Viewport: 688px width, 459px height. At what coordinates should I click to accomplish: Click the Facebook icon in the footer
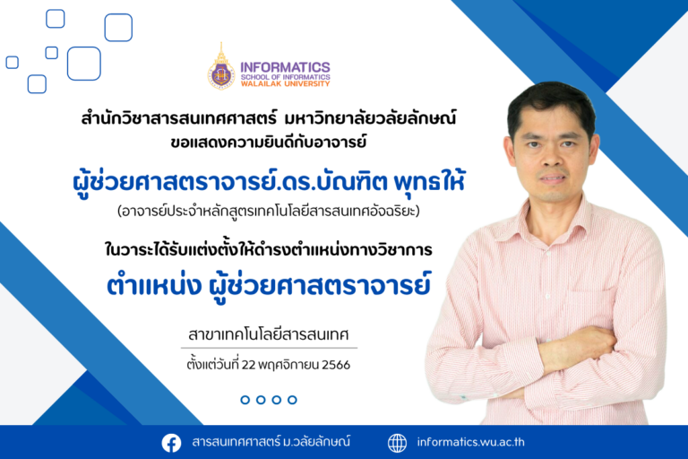(x=171, y=443)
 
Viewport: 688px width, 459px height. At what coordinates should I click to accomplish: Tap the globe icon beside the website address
(x=397, y=443)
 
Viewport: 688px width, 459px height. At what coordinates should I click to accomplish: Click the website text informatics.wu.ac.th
(x=470, y=442)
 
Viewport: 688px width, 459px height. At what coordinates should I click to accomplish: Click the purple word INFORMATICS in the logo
(x=285, y=67)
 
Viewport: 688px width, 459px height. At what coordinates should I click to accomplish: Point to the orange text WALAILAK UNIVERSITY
(x=285, y=83)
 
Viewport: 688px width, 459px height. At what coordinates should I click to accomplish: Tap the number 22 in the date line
(x=248, y=365)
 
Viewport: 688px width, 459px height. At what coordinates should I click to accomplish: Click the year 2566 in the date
(x=336, y=365)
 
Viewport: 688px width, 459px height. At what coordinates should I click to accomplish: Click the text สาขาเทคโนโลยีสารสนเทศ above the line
(x=269, y=334)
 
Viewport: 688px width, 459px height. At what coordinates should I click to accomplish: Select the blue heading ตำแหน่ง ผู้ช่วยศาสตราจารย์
(x=269, y=285)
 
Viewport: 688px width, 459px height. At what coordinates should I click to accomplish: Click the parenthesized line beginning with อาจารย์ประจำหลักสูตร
(x=269, y=212)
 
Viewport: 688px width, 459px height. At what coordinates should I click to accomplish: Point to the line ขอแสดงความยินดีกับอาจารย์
(x=269, y=142)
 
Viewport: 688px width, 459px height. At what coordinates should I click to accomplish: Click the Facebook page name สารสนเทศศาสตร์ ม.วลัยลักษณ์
(x=271, y=442)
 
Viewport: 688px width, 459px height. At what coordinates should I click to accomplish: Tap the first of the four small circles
(x=245, y=400)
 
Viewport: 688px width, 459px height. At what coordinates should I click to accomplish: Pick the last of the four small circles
(x=292, y=400)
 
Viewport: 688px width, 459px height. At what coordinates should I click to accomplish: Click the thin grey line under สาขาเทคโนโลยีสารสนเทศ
(x=269, y=348)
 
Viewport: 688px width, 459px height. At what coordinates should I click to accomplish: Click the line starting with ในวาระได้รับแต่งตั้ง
(x=269, y=249)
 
